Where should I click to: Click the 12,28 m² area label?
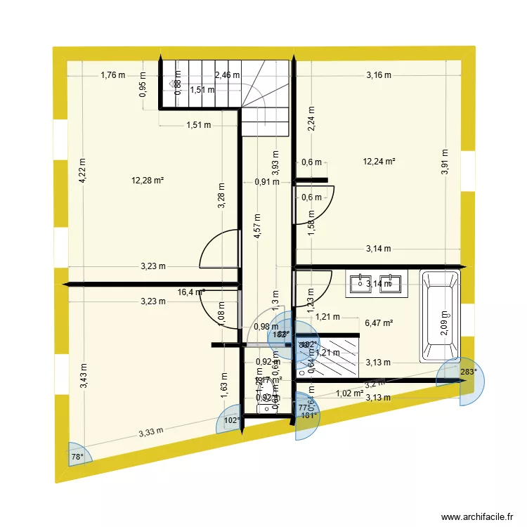[147, 181]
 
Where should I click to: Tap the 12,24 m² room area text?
[379, 162]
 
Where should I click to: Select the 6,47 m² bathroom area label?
[379, 323]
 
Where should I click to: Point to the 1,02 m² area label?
[349, 393]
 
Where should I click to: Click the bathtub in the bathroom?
[441, 315]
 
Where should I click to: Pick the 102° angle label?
[231, 421]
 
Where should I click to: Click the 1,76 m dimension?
[112, 74]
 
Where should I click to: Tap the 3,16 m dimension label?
[379, 74]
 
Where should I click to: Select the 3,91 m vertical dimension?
[443, 162]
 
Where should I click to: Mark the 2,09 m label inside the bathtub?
[443, 324]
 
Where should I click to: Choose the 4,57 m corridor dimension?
[258, 226]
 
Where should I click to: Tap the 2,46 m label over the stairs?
[227, 74]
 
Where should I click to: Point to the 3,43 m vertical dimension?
[83, 377]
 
